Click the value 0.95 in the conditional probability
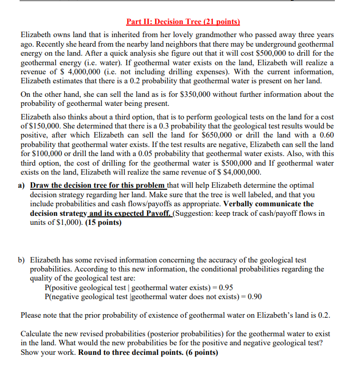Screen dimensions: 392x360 222,288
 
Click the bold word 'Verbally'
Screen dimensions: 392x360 243,204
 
